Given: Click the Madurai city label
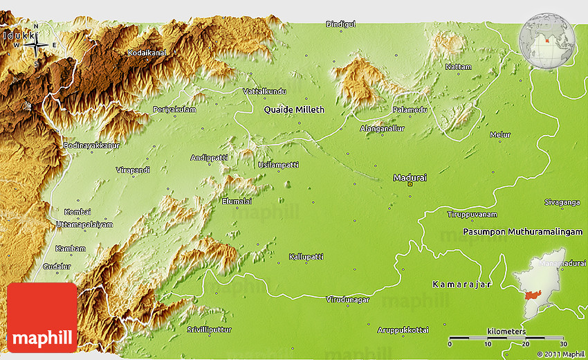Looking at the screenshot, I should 410,178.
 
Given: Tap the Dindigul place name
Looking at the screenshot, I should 340,24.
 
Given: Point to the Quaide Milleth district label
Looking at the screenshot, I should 294,110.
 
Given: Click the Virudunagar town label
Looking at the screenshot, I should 347,300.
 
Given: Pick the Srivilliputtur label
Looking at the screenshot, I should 209,330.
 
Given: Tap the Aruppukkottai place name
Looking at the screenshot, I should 403,330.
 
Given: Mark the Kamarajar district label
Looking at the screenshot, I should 461,285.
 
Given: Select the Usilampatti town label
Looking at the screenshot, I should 278,165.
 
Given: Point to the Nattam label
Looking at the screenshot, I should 459,67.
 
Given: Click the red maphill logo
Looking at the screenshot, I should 42,317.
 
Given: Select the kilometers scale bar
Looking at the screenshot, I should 506,338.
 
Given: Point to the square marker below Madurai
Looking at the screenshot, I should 410,186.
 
